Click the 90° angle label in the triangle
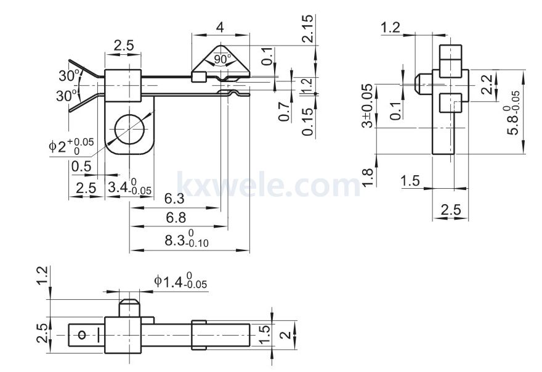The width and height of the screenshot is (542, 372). click(x=220, y=59)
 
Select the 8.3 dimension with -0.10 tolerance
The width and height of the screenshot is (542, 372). click(x=187, y=239)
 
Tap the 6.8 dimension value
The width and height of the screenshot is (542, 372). click(x=176, y=218)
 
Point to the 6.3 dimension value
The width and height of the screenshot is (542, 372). click(x=174, y=199)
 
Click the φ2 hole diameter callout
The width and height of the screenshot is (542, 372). click(x=71, y=146)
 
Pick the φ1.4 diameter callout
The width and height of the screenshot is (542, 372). click(x=180, y=281)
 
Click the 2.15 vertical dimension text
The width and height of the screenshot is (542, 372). click(x=307, y=28)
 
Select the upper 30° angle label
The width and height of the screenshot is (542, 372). click(x=69, y=75)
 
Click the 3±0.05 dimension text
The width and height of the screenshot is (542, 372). click(x=368, y=105)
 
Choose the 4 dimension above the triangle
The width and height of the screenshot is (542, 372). click(x=220, y=27)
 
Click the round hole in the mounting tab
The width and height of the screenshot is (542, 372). click(x=129, y=129)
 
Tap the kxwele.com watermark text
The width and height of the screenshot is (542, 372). click(x=269, y=185)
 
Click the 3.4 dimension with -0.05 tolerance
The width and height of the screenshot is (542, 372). click(x=129, y=187)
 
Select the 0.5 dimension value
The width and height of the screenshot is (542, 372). click(x=81, y=167)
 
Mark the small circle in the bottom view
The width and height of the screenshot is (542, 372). click(x=83, y=335)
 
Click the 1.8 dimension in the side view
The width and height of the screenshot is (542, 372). click(x=368, y=177)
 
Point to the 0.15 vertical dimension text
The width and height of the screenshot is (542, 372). click(x=307, y=122)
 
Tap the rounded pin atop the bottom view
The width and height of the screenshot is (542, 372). click(x=129, y=308)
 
